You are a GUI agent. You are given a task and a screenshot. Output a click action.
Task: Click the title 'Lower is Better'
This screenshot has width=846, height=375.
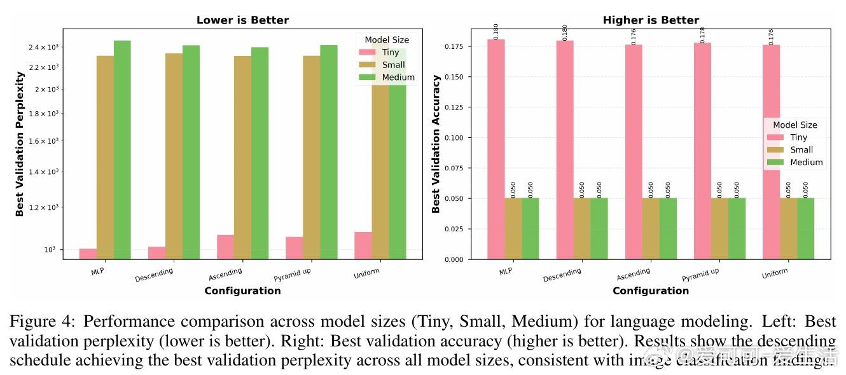coord(242,20)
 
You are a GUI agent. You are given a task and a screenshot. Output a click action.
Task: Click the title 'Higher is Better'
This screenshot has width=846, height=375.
coord(651,20)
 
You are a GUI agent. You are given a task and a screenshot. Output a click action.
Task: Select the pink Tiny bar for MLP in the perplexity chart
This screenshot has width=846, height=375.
coord(88,254)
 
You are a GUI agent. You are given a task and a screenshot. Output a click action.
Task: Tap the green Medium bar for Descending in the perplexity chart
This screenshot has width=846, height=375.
coord(191,153)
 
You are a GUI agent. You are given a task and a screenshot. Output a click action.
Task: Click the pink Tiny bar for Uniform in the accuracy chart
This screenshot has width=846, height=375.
coord(771,153)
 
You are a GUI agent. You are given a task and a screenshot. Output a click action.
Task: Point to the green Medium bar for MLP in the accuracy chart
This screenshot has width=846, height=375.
coord(530,229)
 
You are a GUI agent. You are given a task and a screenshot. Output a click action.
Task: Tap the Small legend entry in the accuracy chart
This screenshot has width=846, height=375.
coord(801,150)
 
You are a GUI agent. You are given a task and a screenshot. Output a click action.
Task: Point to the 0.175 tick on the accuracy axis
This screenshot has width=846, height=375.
coord(457,46)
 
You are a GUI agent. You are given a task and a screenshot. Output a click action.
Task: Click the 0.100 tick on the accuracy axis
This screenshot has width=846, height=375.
coord(457,138)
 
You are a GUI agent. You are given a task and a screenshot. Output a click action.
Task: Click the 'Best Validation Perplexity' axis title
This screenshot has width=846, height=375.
coord(20,144)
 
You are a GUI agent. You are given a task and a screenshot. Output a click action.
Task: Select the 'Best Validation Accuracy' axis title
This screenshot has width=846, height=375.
coord(436,144)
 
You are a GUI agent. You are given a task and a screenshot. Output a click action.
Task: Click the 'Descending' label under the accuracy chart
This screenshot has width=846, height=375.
coord(562,275)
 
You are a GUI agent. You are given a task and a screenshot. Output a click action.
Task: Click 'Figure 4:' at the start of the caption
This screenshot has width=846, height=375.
coord(43,323)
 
